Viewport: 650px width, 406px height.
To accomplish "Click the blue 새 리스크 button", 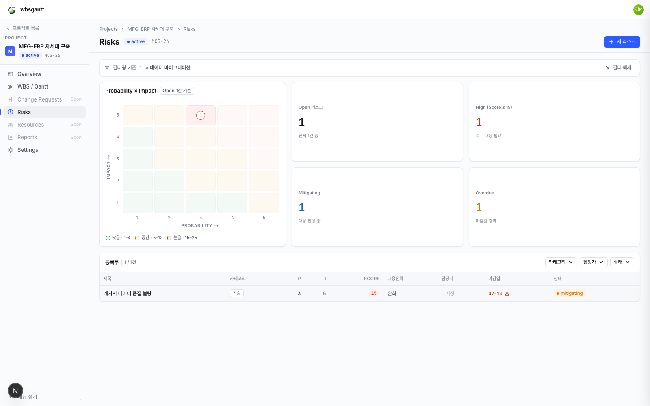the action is (622, 42).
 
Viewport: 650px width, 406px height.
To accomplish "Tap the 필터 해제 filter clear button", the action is (618, 68).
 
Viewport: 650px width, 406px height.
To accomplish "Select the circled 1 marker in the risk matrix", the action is (201, 115).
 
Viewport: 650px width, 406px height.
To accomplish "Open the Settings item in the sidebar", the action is (28, 150).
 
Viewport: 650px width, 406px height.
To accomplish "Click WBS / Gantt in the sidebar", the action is (32, 87).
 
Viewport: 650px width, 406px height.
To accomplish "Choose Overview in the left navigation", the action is (29, 74).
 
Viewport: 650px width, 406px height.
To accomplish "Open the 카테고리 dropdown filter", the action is (561, 262).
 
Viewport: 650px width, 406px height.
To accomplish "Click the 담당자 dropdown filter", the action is (594, 262).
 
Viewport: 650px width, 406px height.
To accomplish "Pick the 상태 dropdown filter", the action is (622, 262).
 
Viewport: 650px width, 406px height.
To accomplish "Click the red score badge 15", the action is (373, 293).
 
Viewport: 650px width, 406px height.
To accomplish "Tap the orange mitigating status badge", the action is (569, 293).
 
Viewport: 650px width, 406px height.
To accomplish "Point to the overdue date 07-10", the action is (495, 294).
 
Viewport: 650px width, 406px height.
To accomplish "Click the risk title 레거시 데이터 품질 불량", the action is (128, 293).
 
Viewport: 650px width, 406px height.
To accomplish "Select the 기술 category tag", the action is (236, 293).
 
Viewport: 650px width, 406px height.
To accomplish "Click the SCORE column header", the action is (371, 279).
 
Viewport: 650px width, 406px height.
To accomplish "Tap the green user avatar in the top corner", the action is (638, 10).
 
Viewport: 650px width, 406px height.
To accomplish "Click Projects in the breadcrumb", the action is (108, 29).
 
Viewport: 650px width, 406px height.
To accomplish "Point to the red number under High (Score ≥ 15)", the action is (479, 122).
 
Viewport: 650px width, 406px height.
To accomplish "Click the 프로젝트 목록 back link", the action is (23, 28).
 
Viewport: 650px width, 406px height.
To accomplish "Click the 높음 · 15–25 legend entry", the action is (182, 238).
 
